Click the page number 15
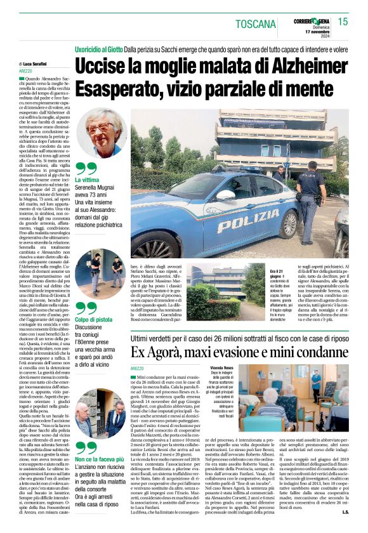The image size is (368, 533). coord(343,22)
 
